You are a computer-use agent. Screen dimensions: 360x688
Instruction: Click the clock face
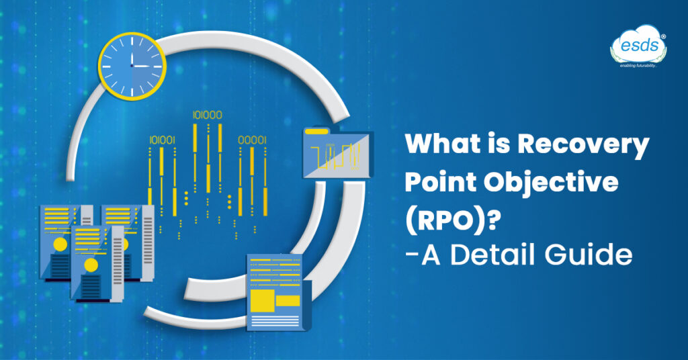pos(132,66)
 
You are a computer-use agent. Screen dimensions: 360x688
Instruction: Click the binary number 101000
pos(207,115)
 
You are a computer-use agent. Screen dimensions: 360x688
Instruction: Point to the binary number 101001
pos(162,140)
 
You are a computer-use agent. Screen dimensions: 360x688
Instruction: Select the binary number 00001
pos(252,140)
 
